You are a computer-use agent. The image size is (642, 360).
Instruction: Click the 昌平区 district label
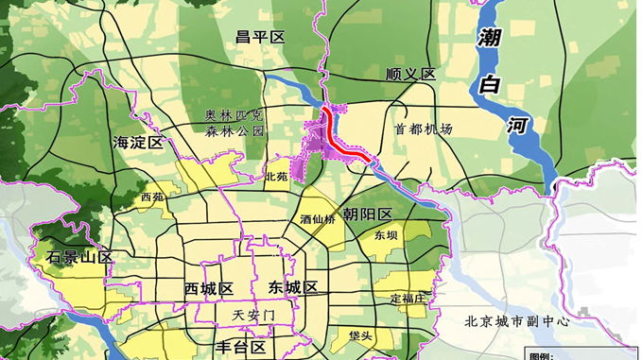[260, 37]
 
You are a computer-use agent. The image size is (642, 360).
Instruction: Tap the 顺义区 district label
[409, 74]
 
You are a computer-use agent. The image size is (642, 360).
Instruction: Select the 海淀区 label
[138, 143]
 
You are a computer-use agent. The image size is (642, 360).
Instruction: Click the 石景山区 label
[79, 257]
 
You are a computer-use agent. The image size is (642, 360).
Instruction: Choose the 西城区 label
[209, 288]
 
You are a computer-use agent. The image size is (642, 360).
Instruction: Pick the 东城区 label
[290, 288]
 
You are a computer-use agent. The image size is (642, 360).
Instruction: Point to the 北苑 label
[276, 177]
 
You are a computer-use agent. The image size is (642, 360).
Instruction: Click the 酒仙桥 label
[318, 219]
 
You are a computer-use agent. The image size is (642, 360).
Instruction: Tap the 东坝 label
[385, 235]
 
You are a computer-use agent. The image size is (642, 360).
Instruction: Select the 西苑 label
[151, 197]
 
